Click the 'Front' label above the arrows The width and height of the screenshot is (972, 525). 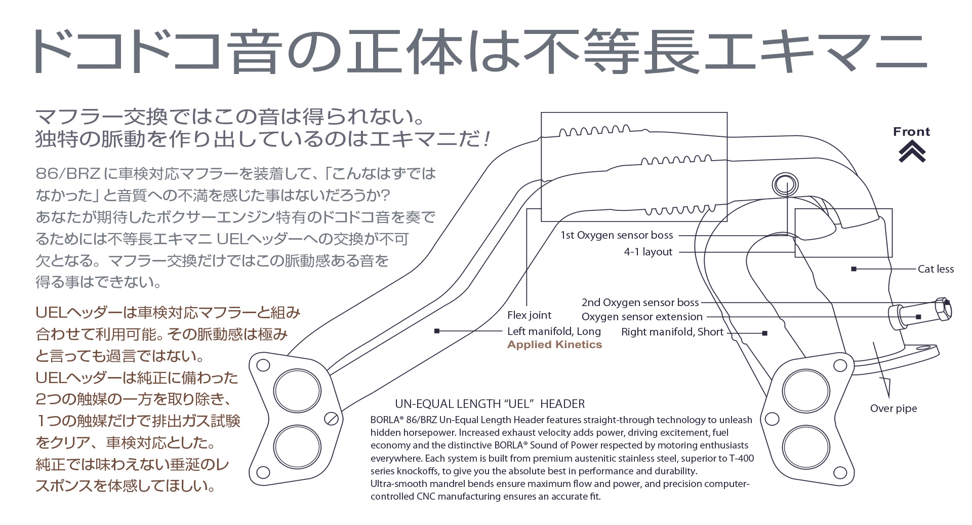pos(911,132)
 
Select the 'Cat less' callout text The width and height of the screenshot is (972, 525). pos(936,269)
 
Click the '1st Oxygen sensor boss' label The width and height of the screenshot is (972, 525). pos(617,235)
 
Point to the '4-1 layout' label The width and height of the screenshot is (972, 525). pos(648,252)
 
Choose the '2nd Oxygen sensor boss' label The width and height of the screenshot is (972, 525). pos(640,303)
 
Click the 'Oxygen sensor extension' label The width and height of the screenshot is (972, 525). pos(642,317)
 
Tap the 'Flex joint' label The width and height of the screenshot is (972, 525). pos(529,315)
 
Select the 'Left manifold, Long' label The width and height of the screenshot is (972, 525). pos(554,331)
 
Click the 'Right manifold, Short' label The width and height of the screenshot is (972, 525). pos(672,332)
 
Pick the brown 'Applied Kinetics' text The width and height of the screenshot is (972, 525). pos(554,345)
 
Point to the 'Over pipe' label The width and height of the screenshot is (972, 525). pos(893,408)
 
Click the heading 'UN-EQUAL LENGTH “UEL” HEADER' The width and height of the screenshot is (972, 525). pos(490,404)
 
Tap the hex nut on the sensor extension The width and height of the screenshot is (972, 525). pos(943,309)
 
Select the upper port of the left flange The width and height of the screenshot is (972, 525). pos(297,391)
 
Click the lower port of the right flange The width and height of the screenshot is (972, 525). pos(805,447)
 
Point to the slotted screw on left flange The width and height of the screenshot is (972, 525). pos(332,419)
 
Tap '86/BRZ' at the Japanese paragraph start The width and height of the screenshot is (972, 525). pos(68,174)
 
